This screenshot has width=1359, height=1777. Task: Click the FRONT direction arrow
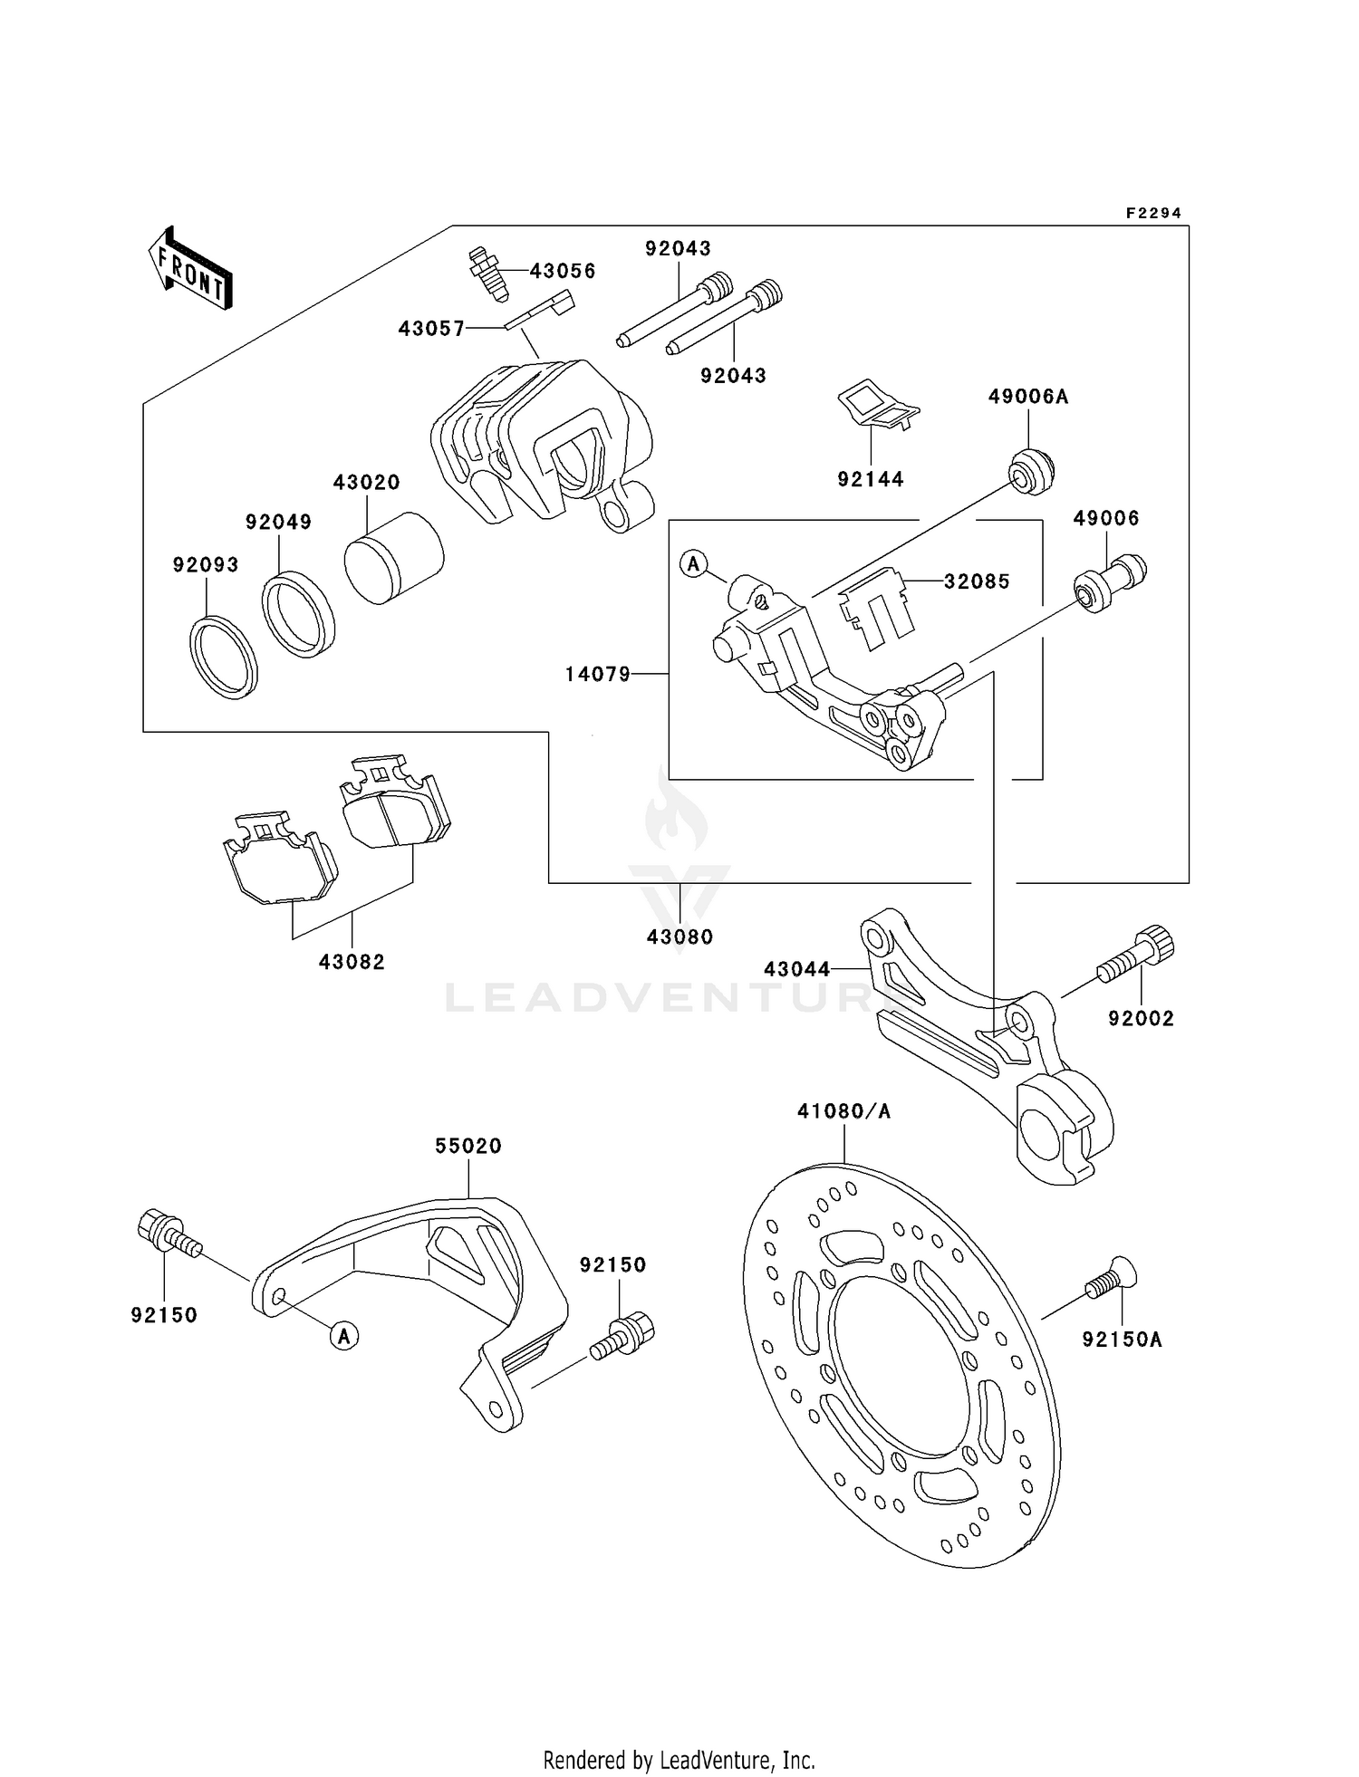point(190,269)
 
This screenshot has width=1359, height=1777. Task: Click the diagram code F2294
point(1153,214)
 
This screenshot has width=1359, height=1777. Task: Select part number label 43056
point(563,271)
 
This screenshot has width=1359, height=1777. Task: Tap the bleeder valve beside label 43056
point(488,273)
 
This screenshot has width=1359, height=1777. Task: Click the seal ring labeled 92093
point(224,657)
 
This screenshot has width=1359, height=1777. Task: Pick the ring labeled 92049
point(298,614)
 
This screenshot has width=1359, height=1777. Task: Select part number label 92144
point(870,479)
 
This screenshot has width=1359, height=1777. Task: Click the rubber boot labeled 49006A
point(1031,471)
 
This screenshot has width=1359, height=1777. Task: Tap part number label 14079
point(597,674)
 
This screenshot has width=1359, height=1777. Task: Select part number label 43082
point(352,962)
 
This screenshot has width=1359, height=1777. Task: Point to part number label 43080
point(679,937)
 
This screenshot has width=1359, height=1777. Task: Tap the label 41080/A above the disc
point(843,1110)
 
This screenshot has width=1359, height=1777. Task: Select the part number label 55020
point(467,1146)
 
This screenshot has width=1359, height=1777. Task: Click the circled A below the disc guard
point(344,1335)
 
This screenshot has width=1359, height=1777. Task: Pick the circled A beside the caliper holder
point(693,564)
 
